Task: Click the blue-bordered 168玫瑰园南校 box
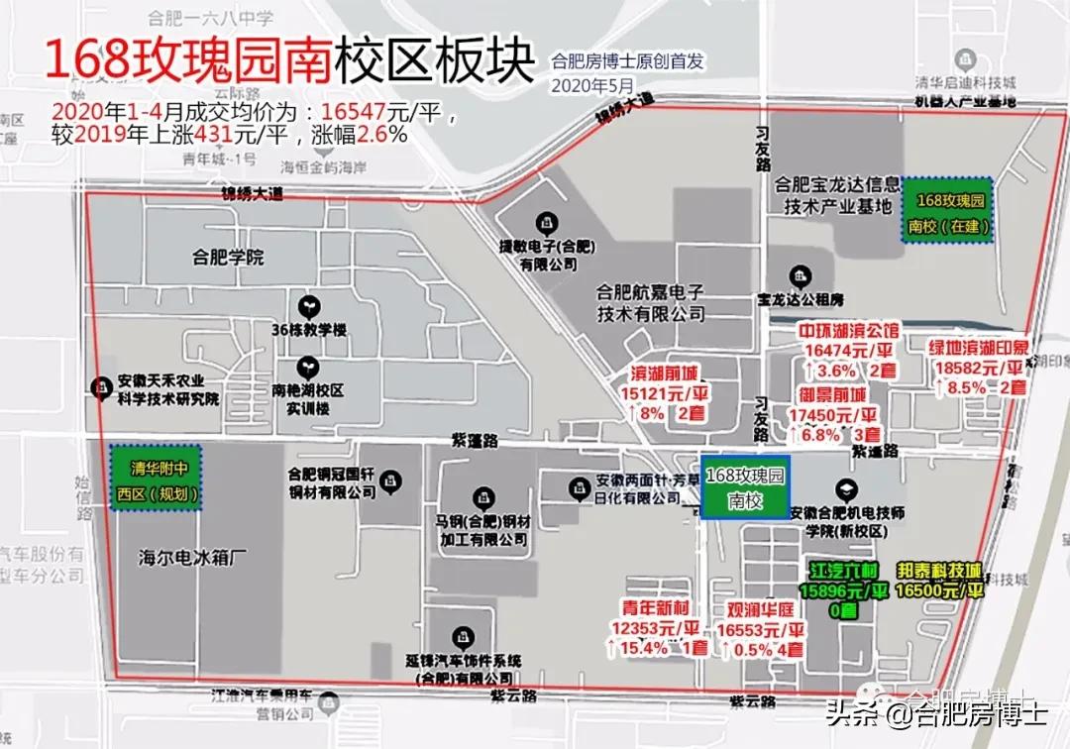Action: coord(745,487)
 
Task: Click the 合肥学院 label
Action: coord(229,259)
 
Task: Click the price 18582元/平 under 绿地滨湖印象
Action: coord(976,368)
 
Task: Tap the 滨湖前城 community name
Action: coord(664,374)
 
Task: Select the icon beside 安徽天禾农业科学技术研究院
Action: coord(100,387)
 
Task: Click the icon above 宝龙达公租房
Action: coord(799,275)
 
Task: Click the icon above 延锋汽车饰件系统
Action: coord(460,635)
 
